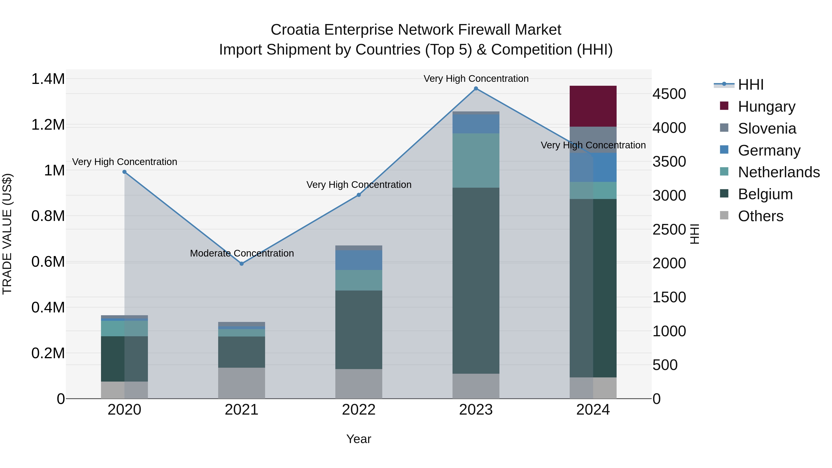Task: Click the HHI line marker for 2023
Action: coord(476,89)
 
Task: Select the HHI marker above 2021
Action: coord(242,264)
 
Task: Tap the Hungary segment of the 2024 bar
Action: coord(593,106)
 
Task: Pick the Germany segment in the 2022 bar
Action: coord(358,260)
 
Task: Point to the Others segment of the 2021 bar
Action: coord(242,383)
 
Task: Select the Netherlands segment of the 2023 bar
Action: coord(476,161)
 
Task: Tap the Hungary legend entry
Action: coord(766,107)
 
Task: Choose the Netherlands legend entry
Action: coord(779,172)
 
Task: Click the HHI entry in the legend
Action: coord(751,85)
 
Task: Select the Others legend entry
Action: coord(760,216)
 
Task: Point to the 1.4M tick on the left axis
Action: coord(48,79)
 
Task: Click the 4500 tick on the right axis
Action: coord(669,94)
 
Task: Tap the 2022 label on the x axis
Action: coord(358,410)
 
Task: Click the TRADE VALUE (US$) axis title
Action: coord(7,234)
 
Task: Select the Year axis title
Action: coord(358,439)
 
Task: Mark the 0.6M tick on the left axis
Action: coord(48,262)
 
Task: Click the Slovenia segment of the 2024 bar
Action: coord(593,140)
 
